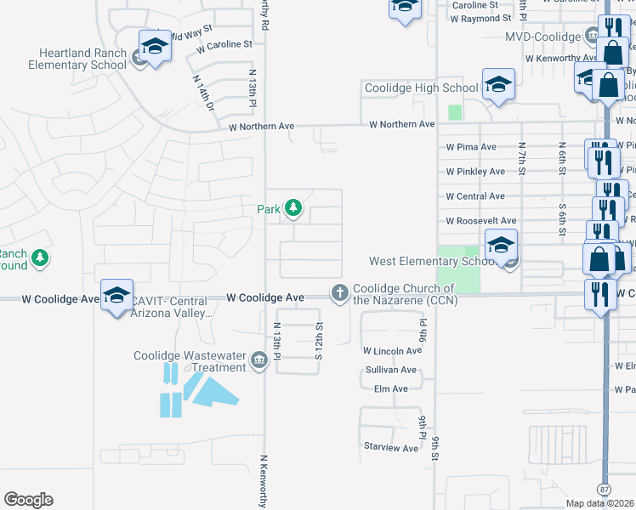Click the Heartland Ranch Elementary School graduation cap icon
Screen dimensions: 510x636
point(155,46)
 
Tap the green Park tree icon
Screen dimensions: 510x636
point(293,207)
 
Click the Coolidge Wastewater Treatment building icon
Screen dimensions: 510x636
point(258,361)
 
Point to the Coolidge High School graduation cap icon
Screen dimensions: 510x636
point(498,83)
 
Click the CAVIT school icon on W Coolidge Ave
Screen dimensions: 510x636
point(116,294)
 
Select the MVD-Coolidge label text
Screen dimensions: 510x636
point(543,37)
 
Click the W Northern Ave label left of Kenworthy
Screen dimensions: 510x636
point(262,127)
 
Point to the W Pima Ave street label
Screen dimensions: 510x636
point(471,147)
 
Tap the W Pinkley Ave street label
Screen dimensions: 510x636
point(476,172)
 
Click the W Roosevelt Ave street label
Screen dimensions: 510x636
point(481,221)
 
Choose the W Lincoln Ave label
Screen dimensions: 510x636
point(392,350)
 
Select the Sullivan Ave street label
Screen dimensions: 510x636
point(391,371)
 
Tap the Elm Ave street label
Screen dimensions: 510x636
point(391,389)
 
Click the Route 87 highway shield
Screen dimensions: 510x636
point(604,490)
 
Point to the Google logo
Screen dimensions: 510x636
point(28,500)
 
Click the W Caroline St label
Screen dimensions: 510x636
point(224,43)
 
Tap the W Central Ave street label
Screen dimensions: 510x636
point(476,196)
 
